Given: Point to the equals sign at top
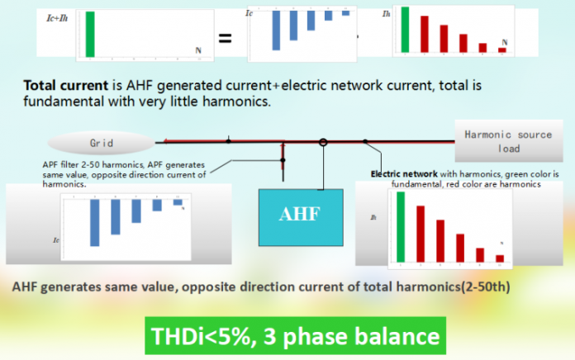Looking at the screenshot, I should click(x=225, y=38).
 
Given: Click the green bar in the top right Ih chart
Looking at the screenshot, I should click(x=405, y=31).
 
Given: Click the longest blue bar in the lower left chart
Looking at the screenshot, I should click(x=95, y=222).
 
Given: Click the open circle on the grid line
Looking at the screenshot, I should click(x=324, y=142).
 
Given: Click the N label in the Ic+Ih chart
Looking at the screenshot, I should click(x=197, y=50).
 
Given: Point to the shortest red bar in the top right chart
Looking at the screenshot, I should click(x=501, y=50).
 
